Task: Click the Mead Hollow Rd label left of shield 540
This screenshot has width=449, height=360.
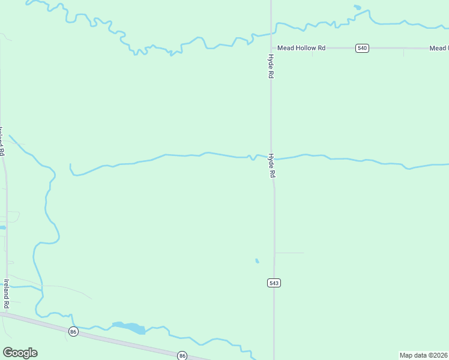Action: (301, 48)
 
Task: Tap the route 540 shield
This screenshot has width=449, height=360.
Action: (361, 48)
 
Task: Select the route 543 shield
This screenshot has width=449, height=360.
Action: (274, 283)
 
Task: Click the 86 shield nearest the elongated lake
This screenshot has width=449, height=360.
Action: (73, 331)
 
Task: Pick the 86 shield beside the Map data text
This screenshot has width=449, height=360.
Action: (182, 355)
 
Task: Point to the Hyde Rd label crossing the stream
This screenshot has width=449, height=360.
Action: (272, 165)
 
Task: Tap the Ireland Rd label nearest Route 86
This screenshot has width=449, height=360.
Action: (7, 293)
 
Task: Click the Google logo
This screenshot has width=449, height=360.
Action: (20, 353)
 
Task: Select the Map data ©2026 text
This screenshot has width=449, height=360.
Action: (423, 355)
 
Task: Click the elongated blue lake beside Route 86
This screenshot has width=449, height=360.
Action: (130, 327)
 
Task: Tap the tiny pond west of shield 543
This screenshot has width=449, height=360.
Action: (257, 261)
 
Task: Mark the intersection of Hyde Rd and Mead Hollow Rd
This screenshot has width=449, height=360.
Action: (271, 48)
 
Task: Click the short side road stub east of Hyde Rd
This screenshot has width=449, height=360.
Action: (289, 253)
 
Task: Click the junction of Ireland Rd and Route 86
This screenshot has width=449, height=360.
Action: (7, 313)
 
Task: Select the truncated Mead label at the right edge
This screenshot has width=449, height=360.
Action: (439, 48)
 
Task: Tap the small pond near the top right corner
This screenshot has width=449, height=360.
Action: (358, 8)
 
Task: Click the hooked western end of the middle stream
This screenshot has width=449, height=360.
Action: (71, 169)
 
